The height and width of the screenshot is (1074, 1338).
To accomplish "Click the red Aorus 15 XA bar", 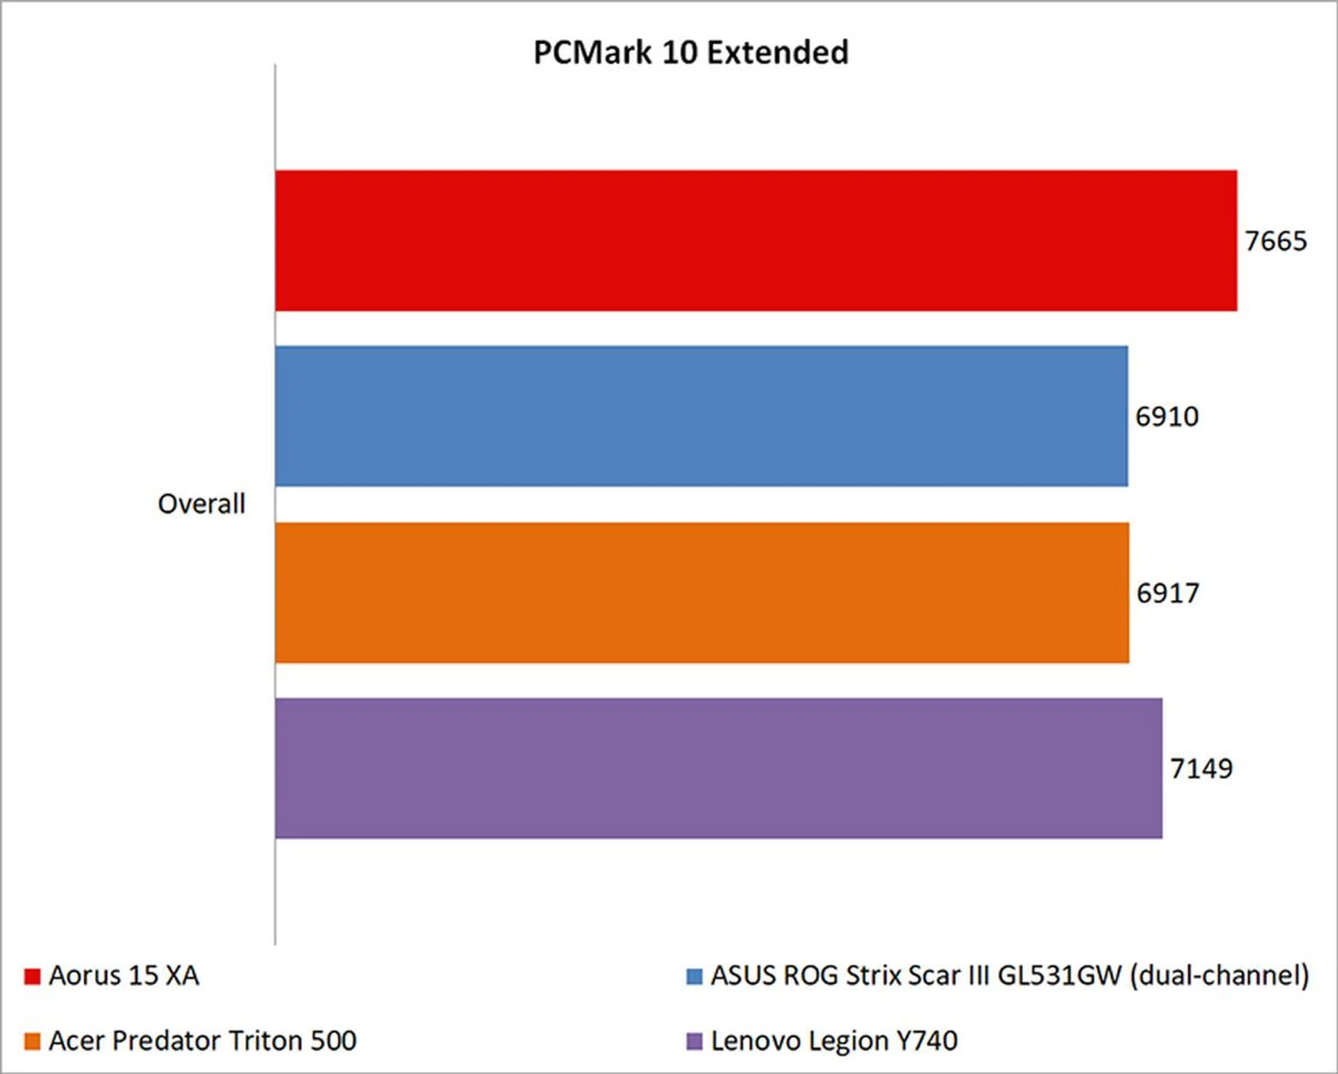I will pyautogui.click(x=756, y=240).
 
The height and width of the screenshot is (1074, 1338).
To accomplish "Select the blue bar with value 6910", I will pyautogui.click(x=701, y=416).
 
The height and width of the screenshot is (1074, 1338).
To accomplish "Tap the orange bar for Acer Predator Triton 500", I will pyautogui.click(x=702, y=592).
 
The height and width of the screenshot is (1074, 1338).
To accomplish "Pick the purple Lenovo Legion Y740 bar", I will pyautogui.click(x=718, y=768).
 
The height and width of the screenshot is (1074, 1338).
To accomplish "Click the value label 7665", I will pyautogui.click(x=1276, y=241).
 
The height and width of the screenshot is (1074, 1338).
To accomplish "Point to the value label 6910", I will pyautogui.click(x=1167, y=417).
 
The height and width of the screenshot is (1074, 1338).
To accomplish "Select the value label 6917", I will pyautogui.click(x=1168, y=593).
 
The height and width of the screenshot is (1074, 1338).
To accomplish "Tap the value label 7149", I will pyautogui.click(x=1201, y=769).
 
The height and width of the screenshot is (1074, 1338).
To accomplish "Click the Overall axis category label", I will pyautogui.click(x=201, y=504).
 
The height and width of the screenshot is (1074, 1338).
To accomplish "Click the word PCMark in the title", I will pyautogui.click(x=592, y=52).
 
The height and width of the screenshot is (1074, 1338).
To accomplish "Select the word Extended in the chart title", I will pyautogui.click(x=778, y=52).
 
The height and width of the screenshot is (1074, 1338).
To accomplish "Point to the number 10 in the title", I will pyautogui.click(x=677, y=52).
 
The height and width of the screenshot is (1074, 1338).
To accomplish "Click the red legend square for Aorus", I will pyautogui.click(x=32, y=976).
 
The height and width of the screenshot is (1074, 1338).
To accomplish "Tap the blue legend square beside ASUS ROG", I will pyautogui.click(x=694, y=976).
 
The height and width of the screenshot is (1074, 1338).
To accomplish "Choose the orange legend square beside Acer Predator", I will pyautogui.click(x=32, y=1042).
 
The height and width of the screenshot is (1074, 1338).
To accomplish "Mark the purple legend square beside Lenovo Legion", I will pyautogui.click(x=694, y=1042).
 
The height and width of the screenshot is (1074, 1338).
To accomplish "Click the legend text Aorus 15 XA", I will pyautogui.click(x=124, y=976).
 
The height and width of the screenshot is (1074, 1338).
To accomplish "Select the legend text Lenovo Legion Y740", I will pyautogui.click(x=834, y=1041).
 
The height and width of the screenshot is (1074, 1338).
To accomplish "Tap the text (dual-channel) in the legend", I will pyautogui.click(x=1220, y=976).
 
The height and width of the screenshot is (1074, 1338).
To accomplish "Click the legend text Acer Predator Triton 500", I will pyautogui.click(x=203, y=1041).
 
